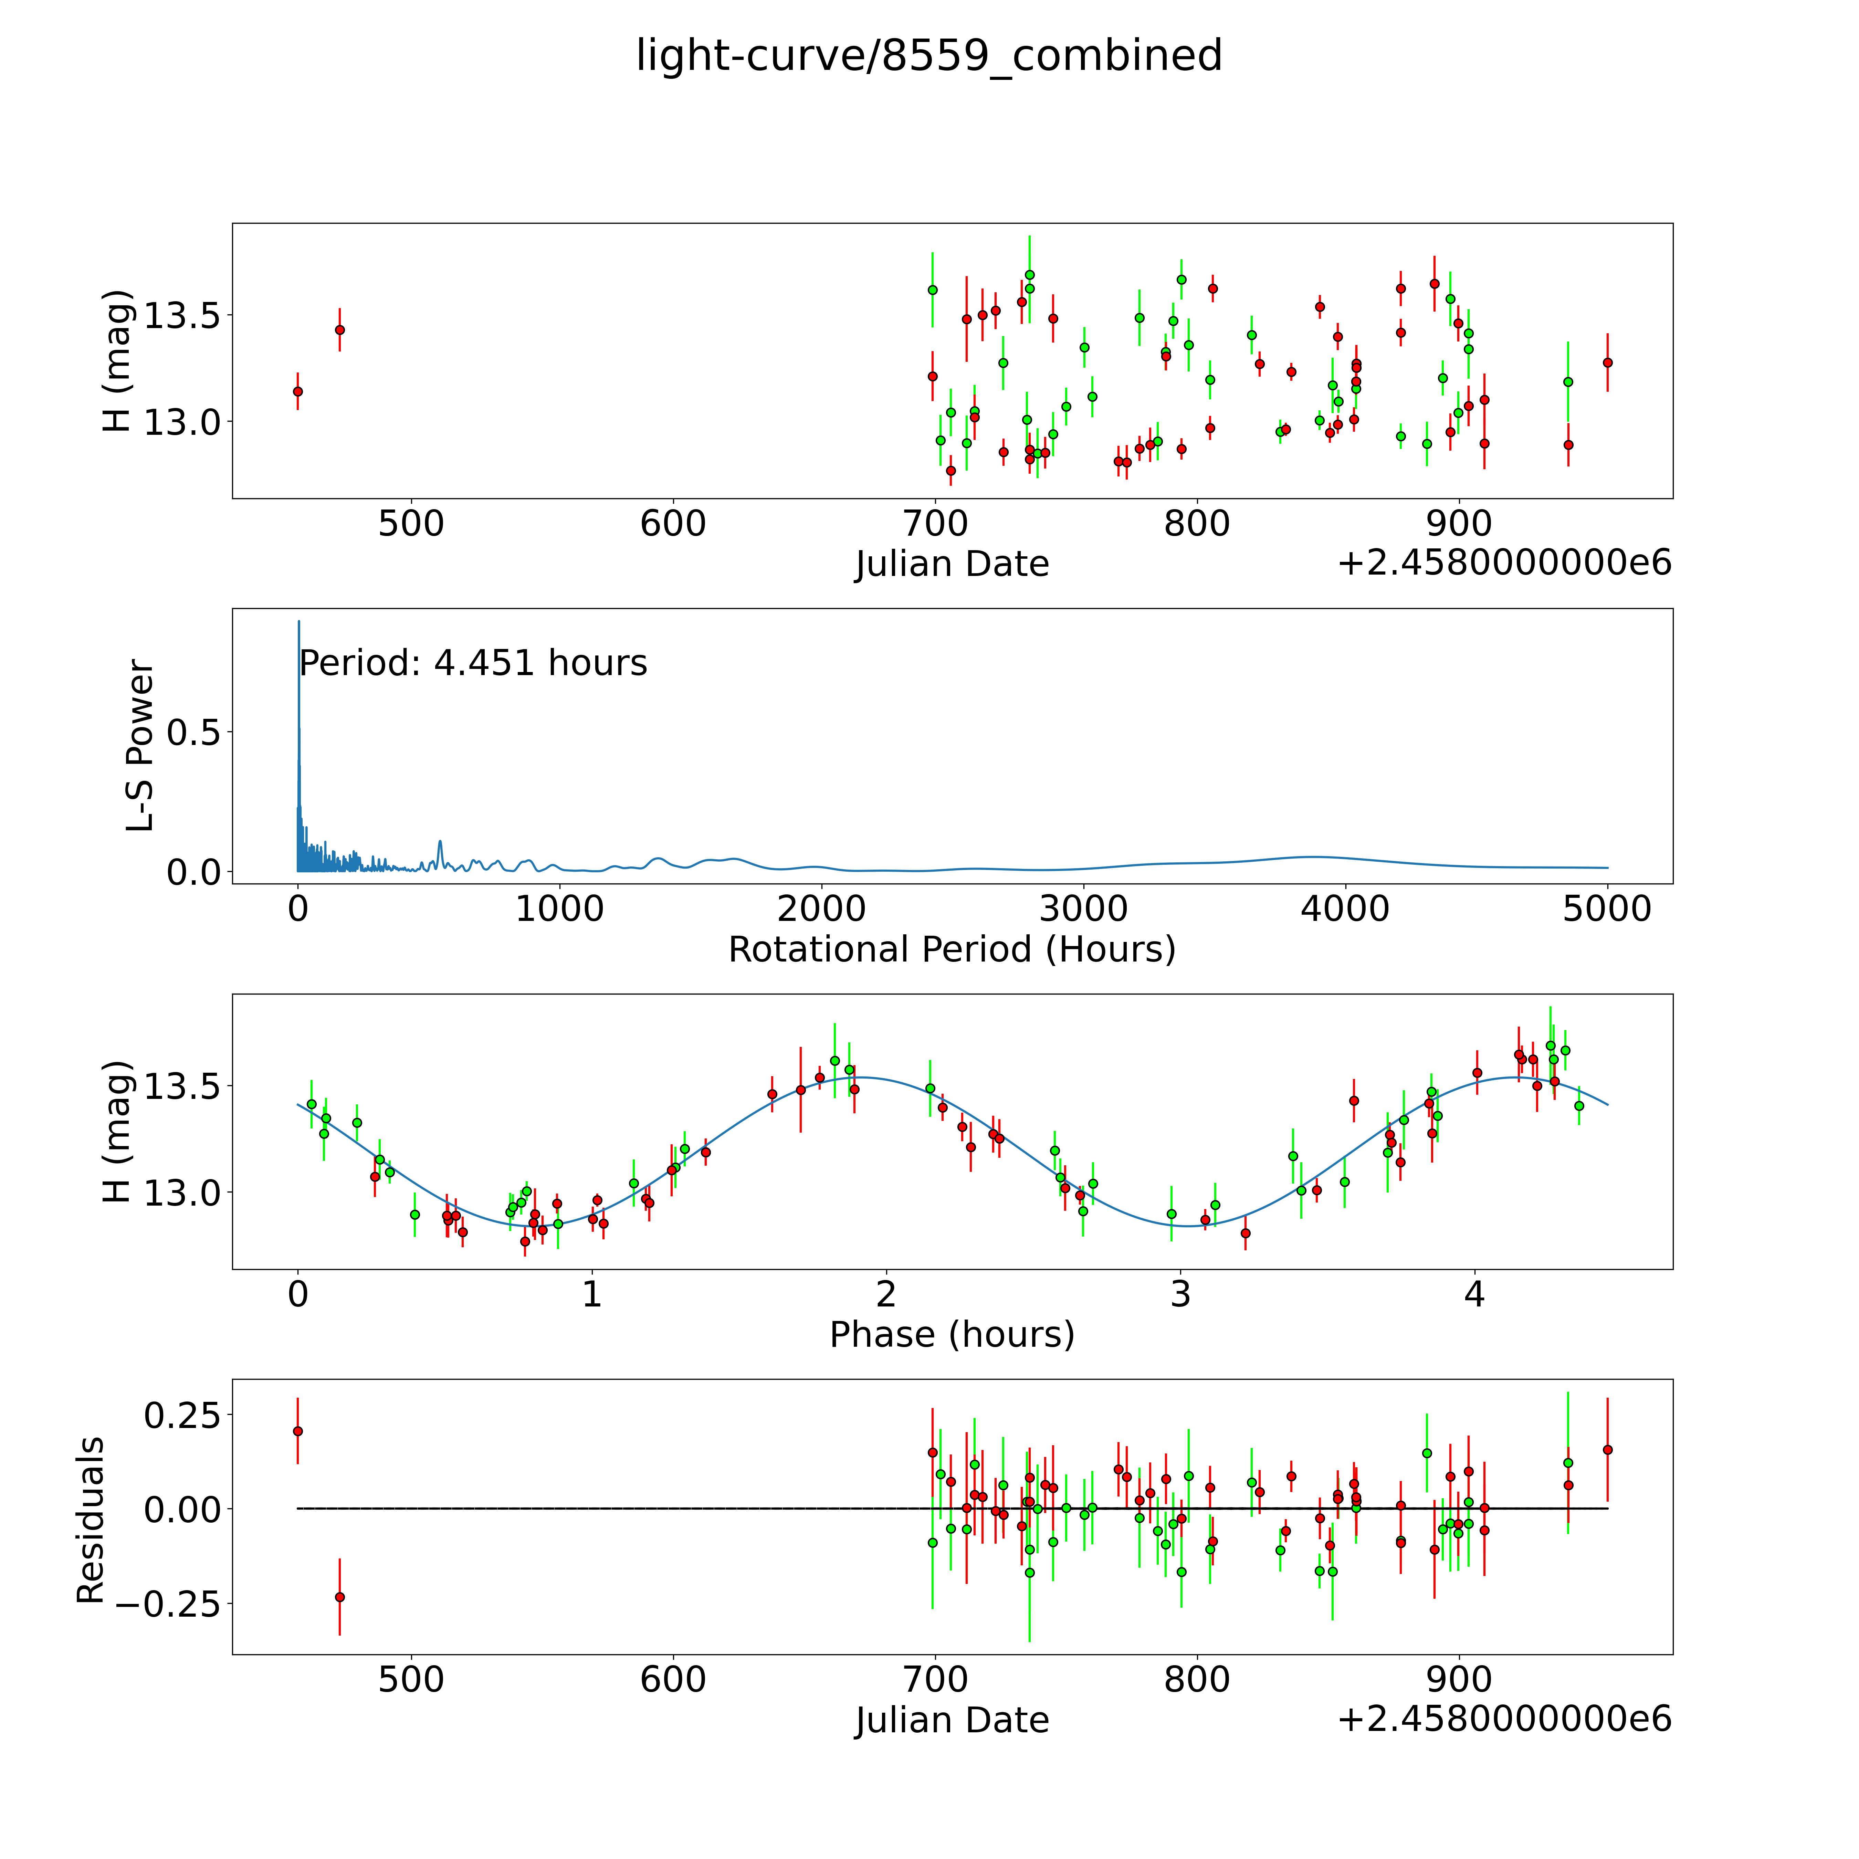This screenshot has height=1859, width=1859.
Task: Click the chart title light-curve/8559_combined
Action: tap(928, 56)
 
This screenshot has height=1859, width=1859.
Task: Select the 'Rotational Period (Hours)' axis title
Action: tap(952, 950)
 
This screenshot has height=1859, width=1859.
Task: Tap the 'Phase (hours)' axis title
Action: tap(952, 1335)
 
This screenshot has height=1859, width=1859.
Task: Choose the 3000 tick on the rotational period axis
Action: tap(1083, 909)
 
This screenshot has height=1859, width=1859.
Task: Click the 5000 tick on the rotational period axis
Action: tap(1607, 909)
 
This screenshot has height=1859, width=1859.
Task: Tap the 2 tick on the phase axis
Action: tap(886, 1294)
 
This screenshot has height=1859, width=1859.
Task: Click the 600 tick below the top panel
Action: tap(673, 524)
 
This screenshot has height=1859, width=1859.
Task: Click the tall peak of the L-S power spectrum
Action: tap(298, 623)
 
